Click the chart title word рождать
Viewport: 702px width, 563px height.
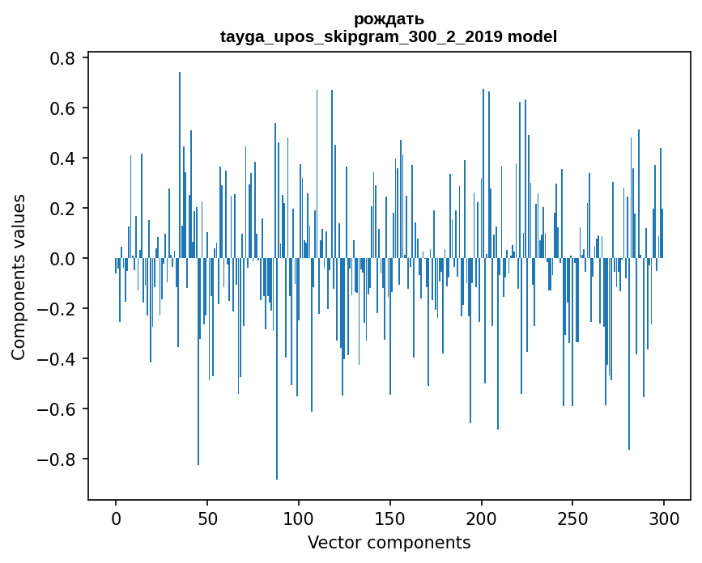click(389, 19)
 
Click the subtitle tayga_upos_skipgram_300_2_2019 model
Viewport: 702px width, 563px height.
click(389, 36)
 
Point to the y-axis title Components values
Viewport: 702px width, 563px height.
click(18, 277)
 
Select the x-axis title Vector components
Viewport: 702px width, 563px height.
click(389, 542)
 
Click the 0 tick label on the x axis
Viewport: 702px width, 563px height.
click(116, 517)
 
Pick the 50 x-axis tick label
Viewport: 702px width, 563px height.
click(207, 517)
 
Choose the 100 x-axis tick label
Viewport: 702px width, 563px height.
click(299, 517)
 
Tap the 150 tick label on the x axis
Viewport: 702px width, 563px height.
click(390, 517)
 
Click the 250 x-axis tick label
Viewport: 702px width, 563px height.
click(572, 517)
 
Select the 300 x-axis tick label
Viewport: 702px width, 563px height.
click(664, 517)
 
